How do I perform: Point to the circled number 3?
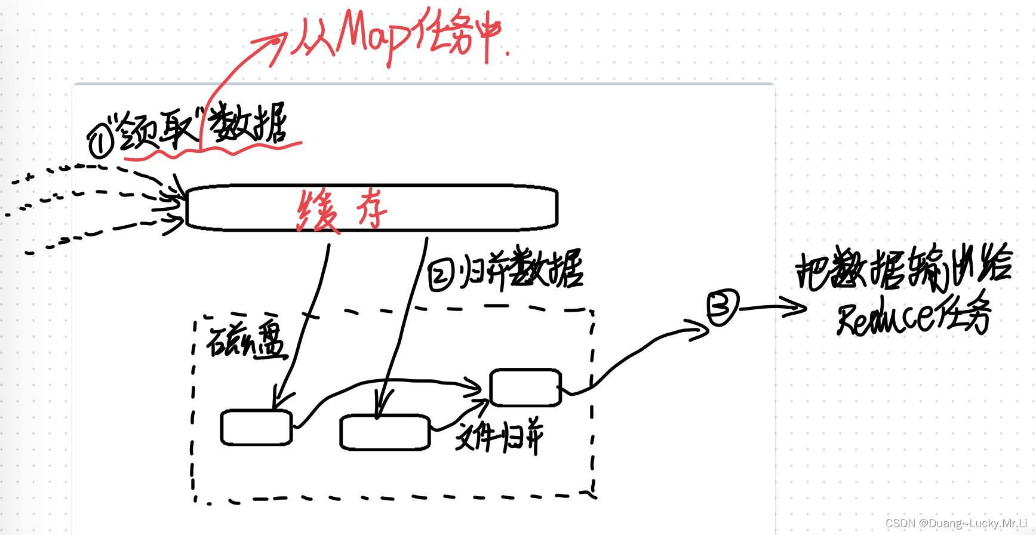[723, 307]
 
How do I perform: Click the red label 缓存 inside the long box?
[342, 210]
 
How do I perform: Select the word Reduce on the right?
[884, 316]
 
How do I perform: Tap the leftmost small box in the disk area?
[256, 428]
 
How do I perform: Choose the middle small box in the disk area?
[385, 432]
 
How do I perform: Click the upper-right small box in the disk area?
[525, 388]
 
